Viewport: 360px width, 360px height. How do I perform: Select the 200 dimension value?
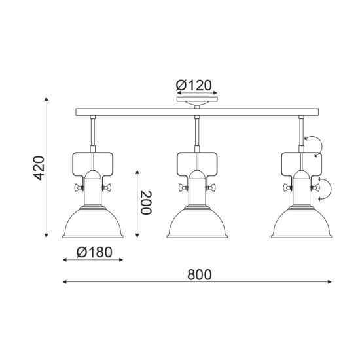pyautogui.click(x=147, y=203)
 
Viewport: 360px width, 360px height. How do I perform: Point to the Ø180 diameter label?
pyautogui.click(x=93, y=252)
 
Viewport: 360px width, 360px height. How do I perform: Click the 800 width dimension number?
pyautogui.click(x=199, y=275)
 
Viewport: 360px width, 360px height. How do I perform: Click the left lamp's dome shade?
pyautogui.click(x=92, y=224)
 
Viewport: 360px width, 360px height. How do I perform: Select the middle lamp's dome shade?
pyautogui.click(x=197, y=224)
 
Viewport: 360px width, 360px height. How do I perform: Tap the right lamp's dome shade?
pyautogui.click(x=300, y=224)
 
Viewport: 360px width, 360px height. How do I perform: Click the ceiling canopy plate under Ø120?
pyautogui.click(x=197, y=102)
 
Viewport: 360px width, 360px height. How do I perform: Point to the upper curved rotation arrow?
pyautogui.click(x=315, y=145)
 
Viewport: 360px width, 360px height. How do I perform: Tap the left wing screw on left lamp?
pyautogui.click(x=78, y=189)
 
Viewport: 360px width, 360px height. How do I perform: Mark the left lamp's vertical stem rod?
pyautogui.click(x=92, y=131)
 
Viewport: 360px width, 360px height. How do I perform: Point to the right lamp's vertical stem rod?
pyautogui.click(x=301, y=131)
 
